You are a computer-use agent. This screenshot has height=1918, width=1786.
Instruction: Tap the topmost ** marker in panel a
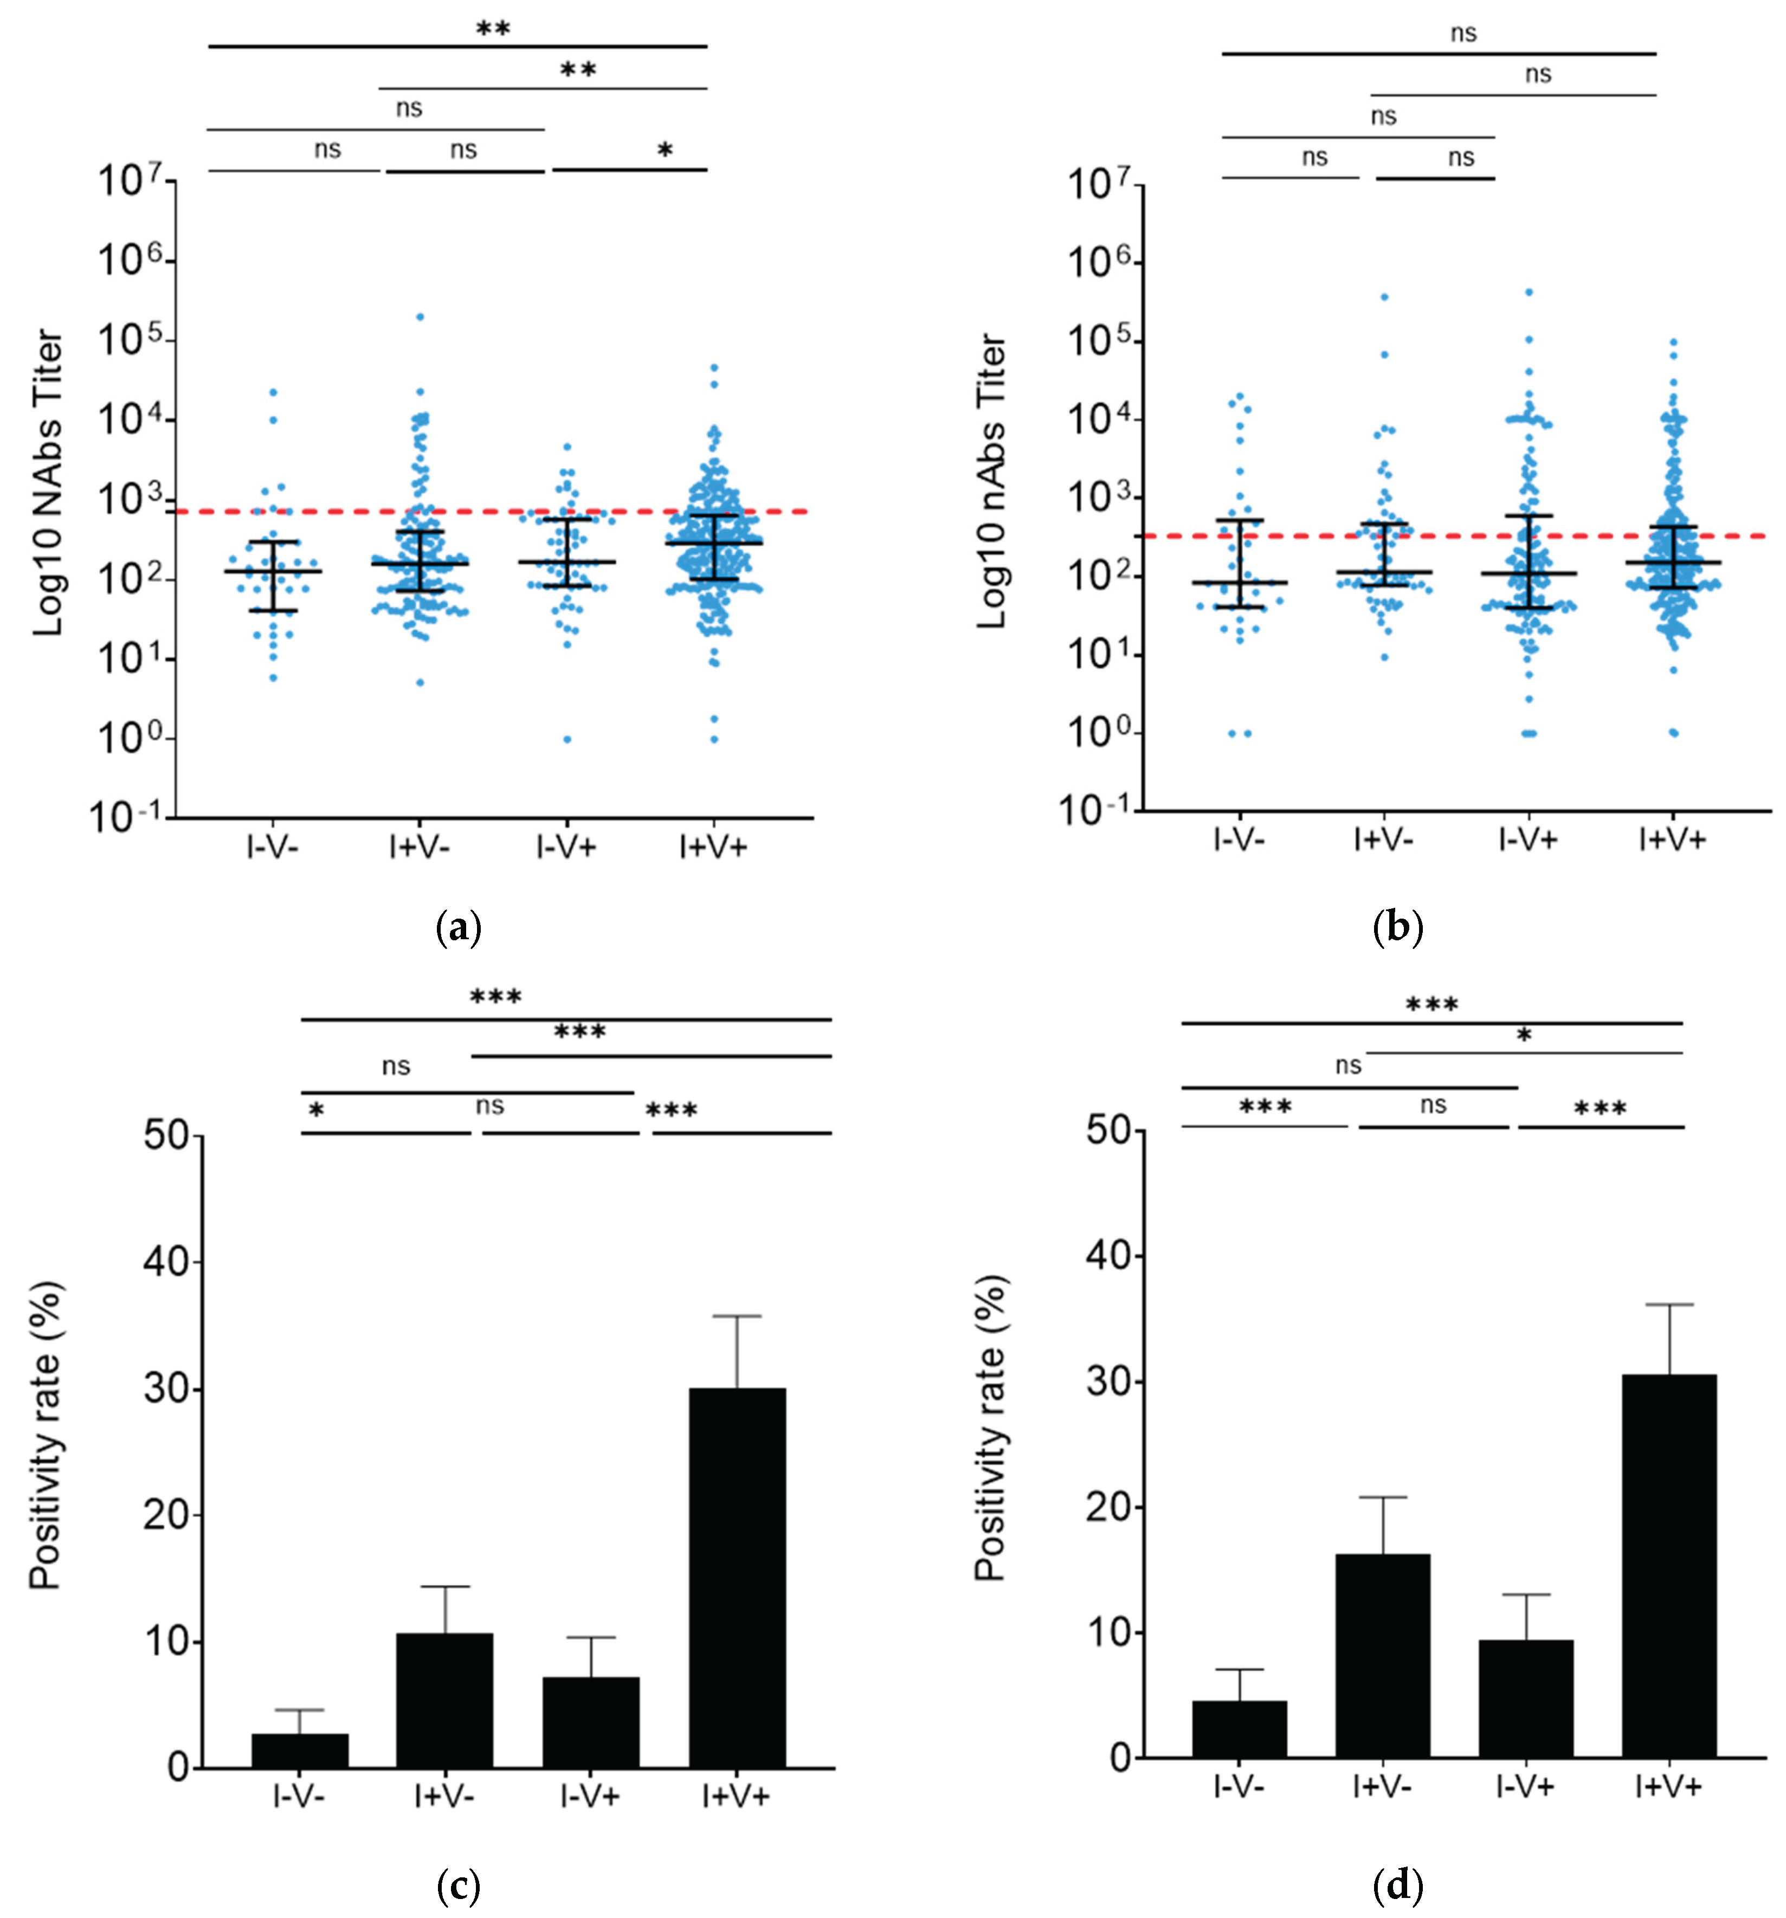point(493,29)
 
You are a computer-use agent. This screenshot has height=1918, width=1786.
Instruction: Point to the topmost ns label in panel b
point(1463,34)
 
